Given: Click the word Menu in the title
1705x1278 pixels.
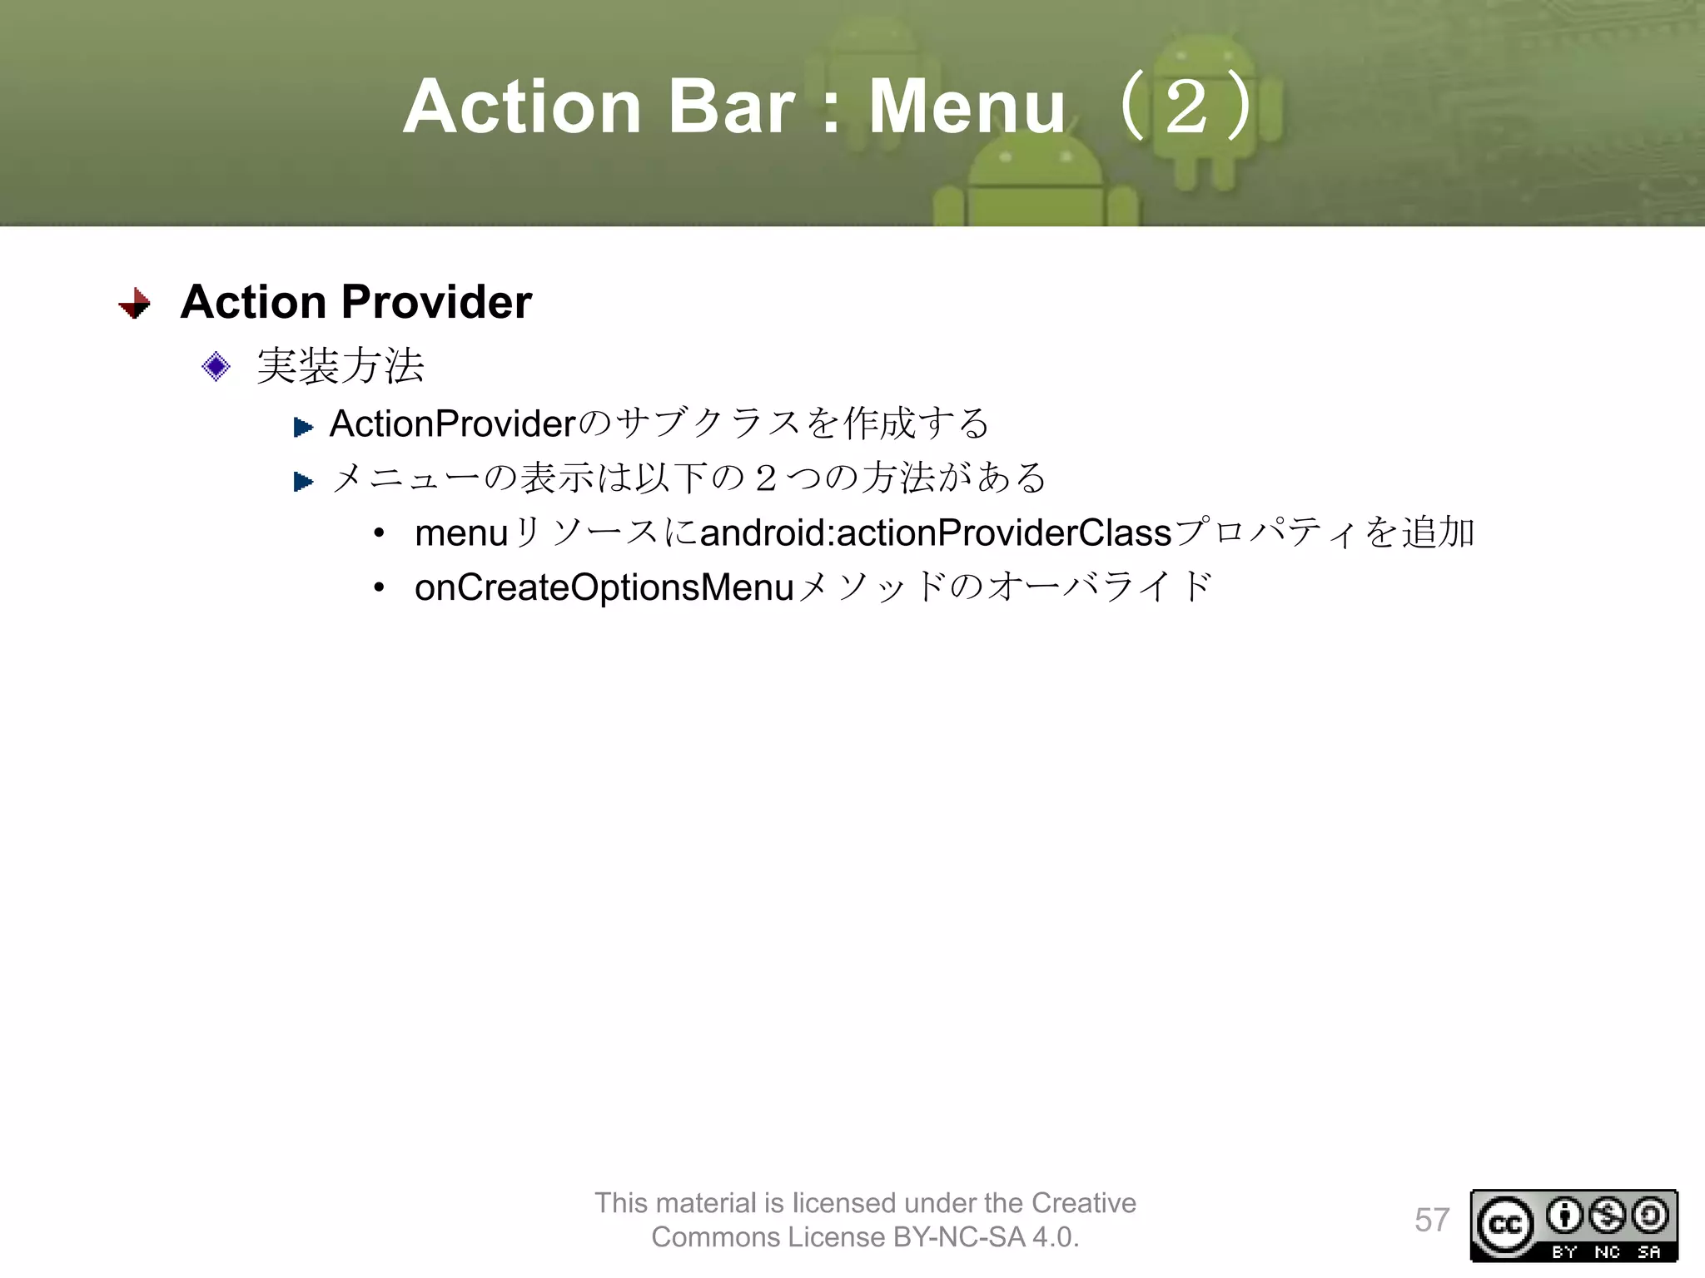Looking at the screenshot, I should pos(967,107).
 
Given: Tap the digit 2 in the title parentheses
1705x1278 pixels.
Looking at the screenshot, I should pos(1186,107).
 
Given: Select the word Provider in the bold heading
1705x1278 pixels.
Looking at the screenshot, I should pos(436,301).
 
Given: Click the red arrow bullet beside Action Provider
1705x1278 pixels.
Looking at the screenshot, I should pos(135,303).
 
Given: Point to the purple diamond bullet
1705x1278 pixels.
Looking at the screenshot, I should pos(216,366).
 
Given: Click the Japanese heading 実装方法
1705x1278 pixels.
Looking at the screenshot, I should pos(341,366).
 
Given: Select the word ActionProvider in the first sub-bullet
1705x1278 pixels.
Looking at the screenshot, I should pos(452,424).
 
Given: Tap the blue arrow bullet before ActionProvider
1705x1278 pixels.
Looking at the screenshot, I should pos(303,428).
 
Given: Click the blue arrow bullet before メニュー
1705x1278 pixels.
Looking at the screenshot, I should pos(303,481).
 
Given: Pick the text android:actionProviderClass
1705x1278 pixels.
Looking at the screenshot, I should pos(936,533).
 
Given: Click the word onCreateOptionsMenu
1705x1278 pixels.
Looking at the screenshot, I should pos(604,587).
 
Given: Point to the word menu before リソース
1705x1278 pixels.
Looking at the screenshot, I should pos(461,533).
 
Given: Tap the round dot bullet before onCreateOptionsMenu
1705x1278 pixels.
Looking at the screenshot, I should pos(380,588).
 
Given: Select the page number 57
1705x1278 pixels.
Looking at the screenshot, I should pos(1432,1220).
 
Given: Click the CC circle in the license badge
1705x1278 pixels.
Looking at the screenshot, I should pos(1505,1225).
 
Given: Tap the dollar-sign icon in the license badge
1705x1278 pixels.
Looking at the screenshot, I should pos(1607,1216).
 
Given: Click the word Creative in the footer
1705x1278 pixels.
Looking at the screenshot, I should pos(1083,1203).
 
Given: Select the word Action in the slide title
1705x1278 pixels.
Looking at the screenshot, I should pos(522,107).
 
